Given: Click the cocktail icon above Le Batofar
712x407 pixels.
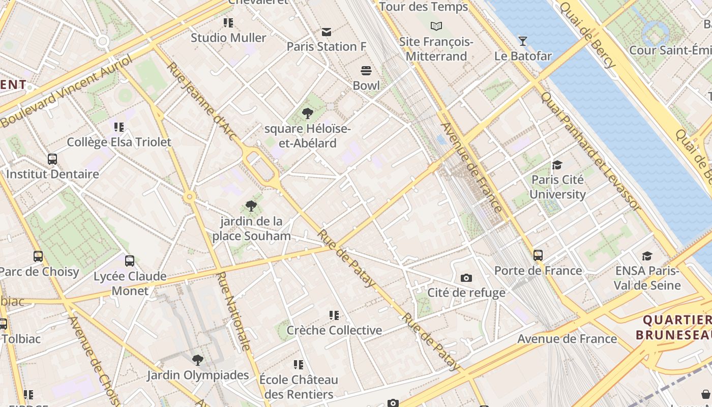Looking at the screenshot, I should click(523, 41).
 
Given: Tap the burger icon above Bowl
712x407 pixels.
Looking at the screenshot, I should click(366, 70).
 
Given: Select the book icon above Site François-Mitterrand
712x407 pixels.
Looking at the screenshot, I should click(436, 26).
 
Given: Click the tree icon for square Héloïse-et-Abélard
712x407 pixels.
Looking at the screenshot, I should click(307, 113).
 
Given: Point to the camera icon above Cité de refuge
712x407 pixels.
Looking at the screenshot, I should click(466, 278).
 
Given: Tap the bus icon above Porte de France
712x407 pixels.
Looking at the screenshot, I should click(538, 255).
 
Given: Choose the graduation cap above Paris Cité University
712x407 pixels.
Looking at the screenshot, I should click(557, 165).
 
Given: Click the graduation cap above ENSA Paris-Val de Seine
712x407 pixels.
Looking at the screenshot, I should click(647, 256).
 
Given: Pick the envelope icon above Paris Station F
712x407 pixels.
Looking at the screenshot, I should click(327, 32).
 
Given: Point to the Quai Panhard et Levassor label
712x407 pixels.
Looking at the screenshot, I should click(590, 151).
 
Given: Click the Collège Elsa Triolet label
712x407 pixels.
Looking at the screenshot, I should click(119, 142).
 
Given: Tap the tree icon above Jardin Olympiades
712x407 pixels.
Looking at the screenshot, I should click(198, 360).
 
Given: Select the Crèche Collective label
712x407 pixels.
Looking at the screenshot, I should click(334, 330).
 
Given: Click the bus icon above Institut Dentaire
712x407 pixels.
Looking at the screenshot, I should click(52, 159).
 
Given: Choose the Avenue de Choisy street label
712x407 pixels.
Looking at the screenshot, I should click(95, 362).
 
